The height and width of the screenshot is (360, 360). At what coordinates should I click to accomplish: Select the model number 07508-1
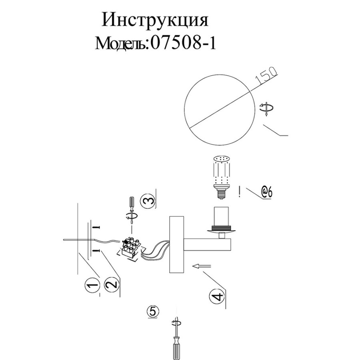[x=183, y=43]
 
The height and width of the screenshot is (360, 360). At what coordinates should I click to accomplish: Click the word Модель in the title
[x=121, y=44]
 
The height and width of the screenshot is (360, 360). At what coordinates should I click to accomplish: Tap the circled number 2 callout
[x=112, y=286]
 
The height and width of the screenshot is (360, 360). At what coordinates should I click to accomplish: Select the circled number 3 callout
[x=148, y=201]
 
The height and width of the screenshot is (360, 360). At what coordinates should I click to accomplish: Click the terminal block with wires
[x=130, y=249]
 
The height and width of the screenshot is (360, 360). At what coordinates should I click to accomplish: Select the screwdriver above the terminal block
[x=132, y=210]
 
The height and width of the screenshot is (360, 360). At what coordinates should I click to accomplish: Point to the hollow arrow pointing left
[x=202, y=266]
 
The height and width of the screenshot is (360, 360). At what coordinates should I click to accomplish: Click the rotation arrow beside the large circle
[x=266, y=108]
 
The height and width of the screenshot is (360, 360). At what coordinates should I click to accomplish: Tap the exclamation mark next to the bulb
[x=240, y=192]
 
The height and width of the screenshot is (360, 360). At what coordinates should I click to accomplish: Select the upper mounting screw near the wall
[x=96, y=227]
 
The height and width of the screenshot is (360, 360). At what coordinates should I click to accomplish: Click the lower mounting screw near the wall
[x=96, y=251]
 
